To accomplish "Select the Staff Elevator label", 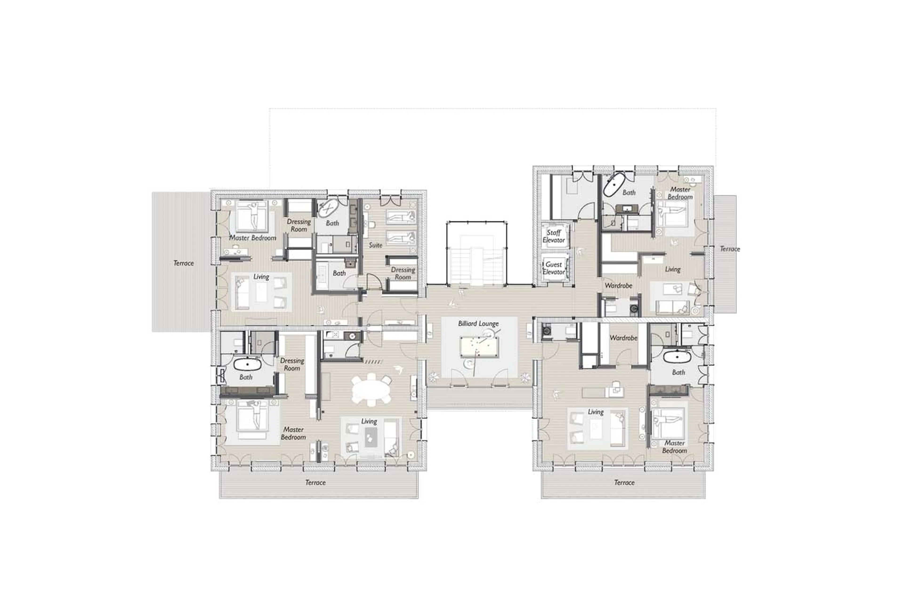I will [554, 236].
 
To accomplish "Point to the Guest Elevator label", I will [554, 268].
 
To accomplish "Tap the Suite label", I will [375, 245].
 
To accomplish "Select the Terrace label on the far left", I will [183, 263].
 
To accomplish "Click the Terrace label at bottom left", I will [315, 482].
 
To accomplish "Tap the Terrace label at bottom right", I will [624, 482].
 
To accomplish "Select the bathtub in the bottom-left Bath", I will [247, 364].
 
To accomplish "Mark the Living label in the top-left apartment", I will [261, 276].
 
